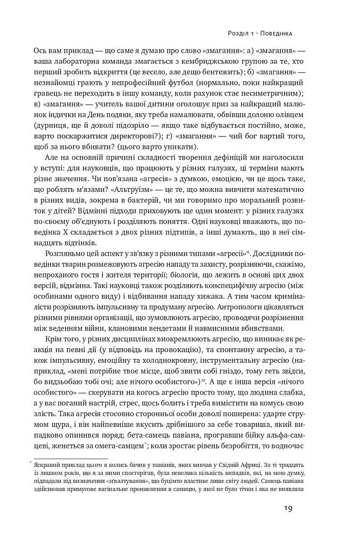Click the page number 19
click(287, 508)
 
